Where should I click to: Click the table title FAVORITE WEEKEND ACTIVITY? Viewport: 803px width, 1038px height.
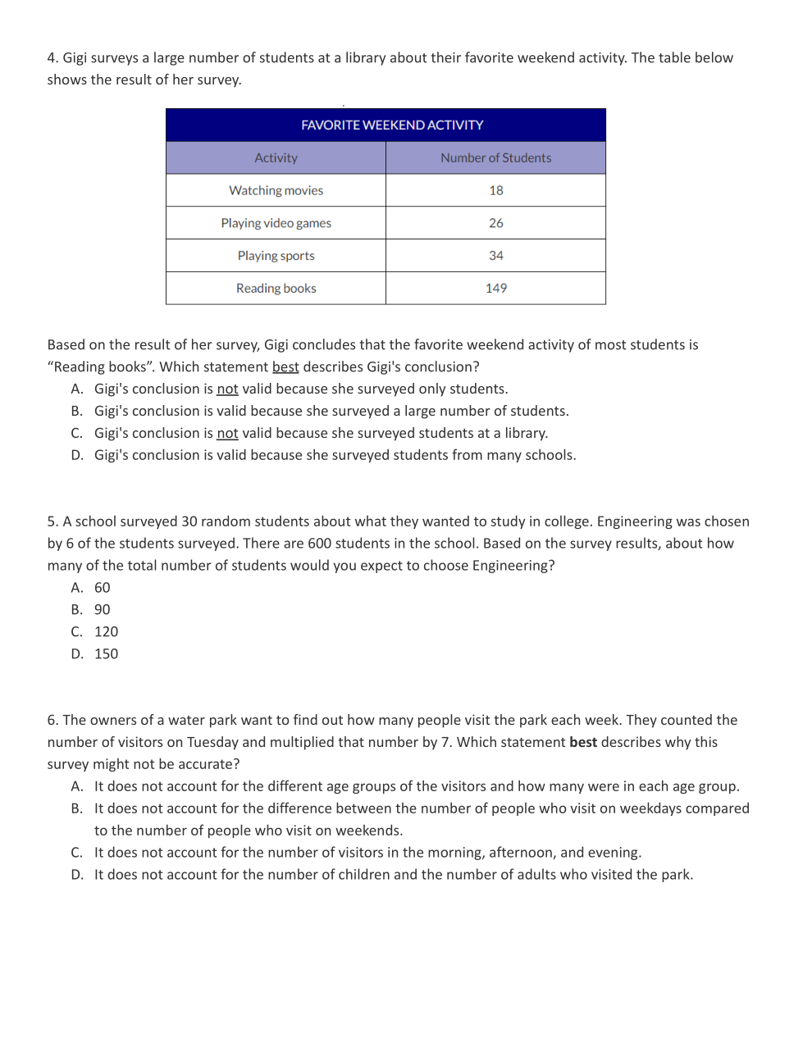point(392,125)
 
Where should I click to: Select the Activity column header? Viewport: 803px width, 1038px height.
point(276,158)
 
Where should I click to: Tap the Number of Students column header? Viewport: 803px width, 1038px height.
point(495,158)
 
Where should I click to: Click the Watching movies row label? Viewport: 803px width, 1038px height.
point(276,191)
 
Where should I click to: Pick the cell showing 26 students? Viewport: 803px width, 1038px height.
point(495,223)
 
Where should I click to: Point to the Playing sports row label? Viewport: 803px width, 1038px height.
point(276,256)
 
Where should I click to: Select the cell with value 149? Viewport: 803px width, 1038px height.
point(495,289)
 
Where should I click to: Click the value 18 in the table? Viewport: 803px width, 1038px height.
point(495,191)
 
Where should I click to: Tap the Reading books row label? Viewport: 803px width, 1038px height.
point(276,289)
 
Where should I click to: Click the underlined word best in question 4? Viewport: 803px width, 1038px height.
point(285,367)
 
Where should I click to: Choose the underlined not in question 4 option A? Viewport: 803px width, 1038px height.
point(227,389)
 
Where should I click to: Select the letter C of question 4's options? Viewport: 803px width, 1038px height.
point(76,434)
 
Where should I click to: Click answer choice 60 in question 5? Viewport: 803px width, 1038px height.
point(102,588)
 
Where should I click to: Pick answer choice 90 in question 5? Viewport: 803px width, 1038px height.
point(102,610)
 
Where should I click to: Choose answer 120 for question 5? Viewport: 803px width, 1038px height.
point(106,632)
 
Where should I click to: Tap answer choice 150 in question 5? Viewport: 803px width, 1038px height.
point(106,654)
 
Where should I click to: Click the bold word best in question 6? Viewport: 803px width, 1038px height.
point(583,743)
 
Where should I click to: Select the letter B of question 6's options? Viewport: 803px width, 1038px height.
point(76,808)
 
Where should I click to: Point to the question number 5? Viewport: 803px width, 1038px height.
point(52,522)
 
